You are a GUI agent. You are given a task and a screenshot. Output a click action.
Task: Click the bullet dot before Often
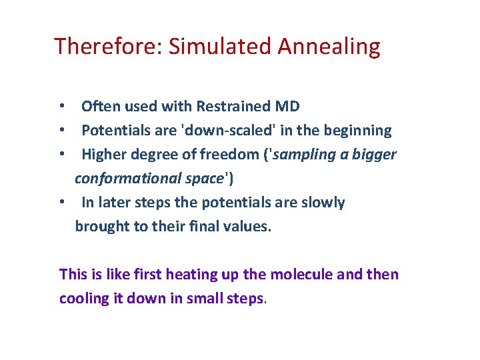pyautogui.click(x=61, y=107)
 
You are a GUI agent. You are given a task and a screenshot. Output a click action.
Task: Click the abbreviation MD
pyautogui.click(x=287, y=106)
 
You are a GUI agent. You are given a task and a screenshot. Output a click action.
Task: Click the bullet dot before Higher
pyautogui.click(x=61, y=155)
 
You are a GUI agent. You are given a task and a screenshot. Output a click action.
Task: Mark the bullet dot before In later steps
pyautogui.click(x=61, y=203)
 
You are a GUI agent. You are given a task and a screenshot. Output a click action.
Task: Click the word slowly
pyautogui.click(x=323, y=202)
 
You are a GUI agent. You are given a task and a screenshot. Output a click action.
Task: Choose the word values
pyautogui.click(x=248, y=226)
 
